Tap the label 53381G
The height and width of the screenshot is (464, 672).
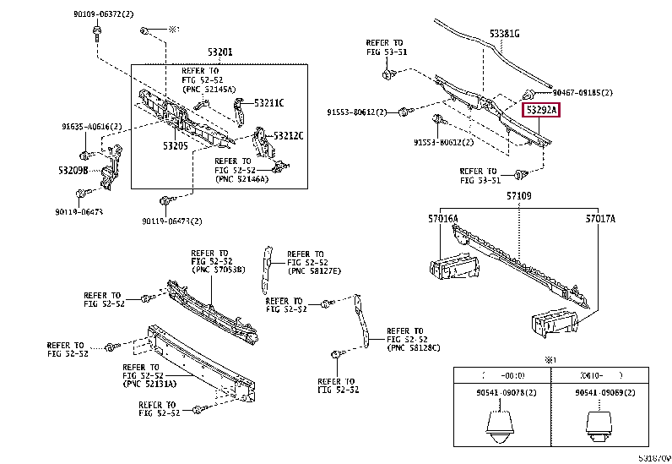(505, 34)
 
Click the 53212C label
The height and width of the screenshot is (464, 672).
(288, 135)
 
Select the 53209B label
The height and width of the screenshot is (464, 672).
(74, 170)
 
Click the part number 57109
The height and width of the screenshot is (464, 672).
(518, 196)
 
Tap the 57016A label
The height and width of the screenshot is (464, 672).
(442, 219)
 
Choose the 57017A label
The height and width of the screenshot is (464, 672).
(600, 219)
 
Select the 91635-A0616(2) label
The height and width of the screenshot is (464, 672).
(91, 126)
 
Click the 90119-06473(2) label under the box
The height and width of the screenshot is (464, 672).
(172, 221)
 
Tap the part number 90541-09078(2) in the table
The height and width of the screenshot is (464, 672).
(501, 393)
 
